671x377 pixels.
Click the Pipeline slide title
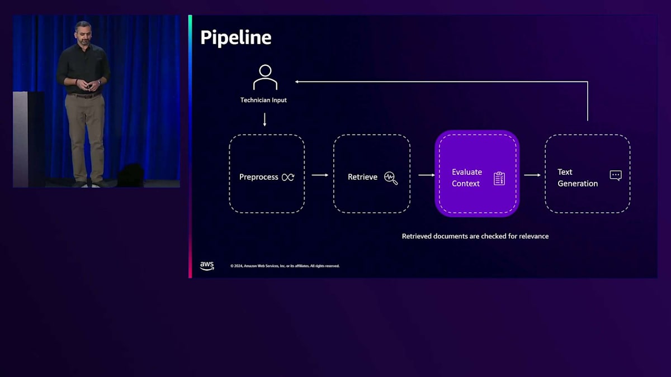click(235, 37)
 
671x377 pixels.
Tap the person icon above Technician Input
click(265, 78)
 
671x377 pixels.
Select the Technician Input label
click(263, 100)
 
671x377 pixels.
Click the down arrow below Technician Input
click(264, 119)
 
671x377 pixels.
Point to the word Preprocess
click(258, 177)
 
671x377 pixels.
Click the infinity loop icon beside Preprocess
click(288, 177)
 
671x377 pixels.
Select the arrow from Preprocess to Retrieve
click(320, 175)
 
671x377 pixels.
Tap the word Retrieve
click(362, 177)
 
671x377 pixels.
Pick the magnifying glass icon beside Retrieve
click(391, 178)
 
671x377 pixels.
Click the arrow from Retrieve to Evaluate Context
click(426, 175)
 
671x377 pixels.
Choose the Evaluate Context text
click(466, 178)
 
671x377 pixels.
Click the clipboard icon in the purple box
click(499, 178)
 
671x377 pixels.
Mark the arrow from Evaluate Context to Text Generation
click(532, 175)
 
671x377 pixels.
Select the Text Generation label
click(577, 178)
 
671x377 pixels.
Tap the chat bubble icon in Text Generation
click(616, 175)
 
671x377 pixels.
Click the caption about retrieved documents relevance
click(475, 236)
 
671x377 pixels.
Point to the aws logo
click(207, 266)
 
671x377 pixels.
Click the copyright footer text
click(285, 266)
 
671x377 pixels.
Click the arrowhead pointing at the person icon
click(297, 82)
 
